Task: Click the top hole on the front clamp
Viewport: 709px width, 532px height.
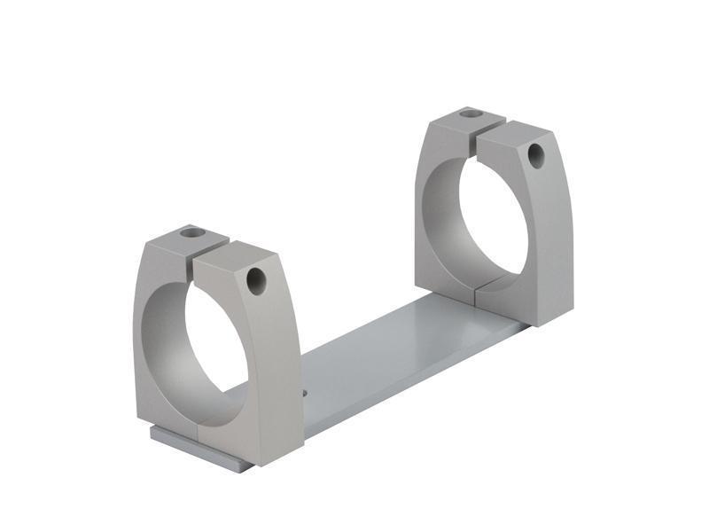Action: click(191, 233)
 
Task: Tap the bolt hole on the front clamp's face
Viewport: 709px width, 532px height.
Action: click(256, 282)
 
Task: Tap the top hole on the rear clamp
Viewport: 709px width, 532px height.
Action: click(472, 113)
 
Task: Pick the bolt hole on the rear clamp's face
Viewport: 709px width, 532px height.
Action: click(535, 155)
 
